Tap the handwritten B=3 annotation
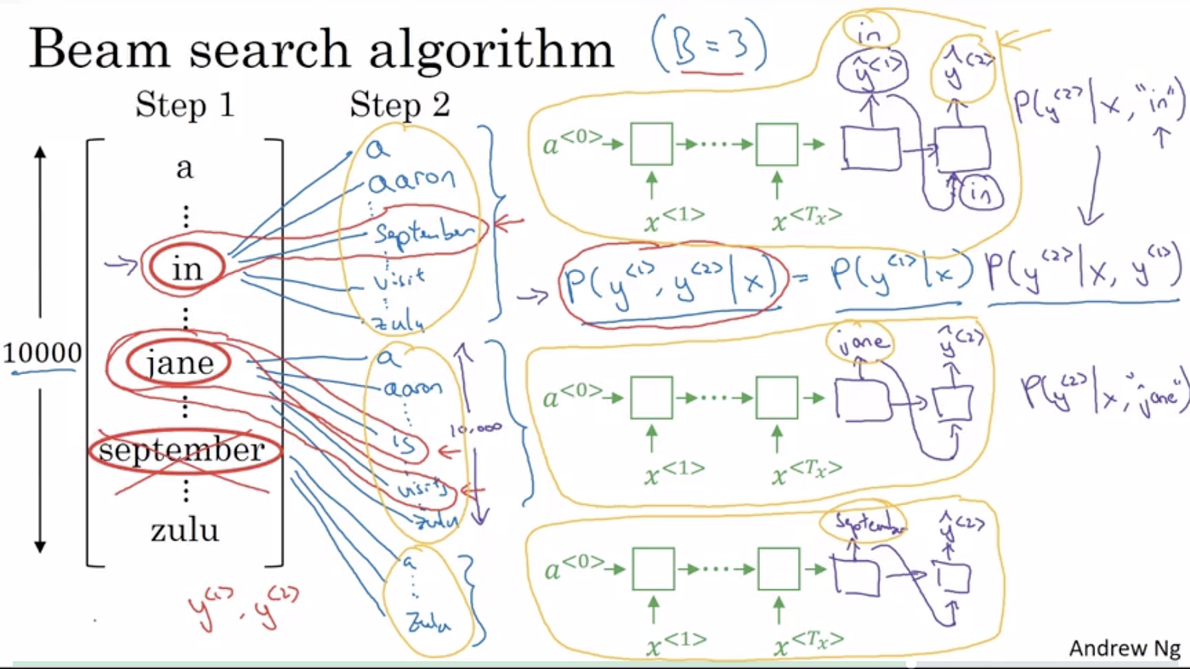pos(709,49)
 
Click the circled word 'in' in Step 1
pos(186,269)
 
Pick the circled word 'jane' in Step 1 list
pos(179,364)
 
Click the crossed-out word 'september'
pos(181,450)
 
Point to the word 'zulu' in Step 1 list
pos(184,530)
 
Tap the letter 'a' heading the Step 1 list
pos(184,167)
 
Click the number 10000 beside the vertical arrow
pos(42,352)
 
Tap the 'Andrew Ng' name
pos(1125,649)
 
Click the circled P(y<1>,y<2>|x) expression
pos(671,286)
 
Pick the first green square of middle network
pos(651,397)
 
